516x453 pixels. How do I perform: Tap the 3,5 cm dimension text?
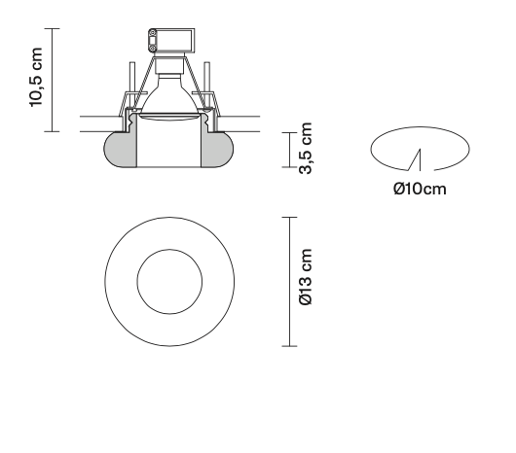(306, 150)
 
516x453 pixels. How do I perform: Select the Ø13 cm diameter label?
(305, 280)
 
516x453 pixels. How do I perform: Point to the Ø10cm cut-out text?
(420, 188)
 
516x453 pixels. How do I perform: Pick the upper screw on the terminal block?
(153, 36)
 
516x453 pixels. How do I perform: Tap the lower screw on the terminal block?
(153, 45)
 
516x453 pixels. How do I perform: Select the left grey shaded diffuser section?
(119, 151)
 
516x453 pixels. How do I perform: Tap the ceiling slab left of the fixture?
(97, 123)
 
